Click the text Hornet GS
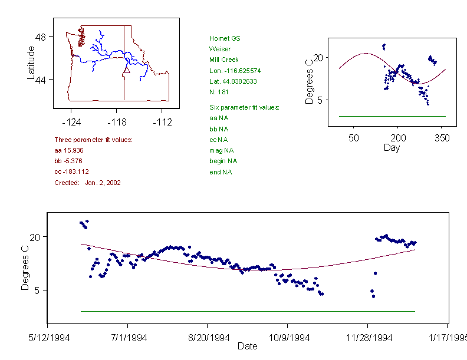pos(225,38)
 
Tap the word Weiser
pos(219,49)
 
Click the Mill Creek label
pos(223,60)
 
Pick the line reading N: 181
pos(219,92)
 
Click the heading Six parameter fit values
pos(244,107)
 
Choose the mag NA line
pos(221,150)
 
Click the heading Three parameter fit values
pos(93,140)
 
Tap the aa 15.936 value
pos(67,151)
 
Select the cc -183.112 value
pos(71,172)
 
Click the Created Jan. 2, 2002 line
pos(87,183)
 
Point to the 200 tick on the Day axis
pos(397,138)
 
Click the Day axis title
pos(392,148)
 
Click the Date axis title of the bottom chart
pos(247,346)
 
